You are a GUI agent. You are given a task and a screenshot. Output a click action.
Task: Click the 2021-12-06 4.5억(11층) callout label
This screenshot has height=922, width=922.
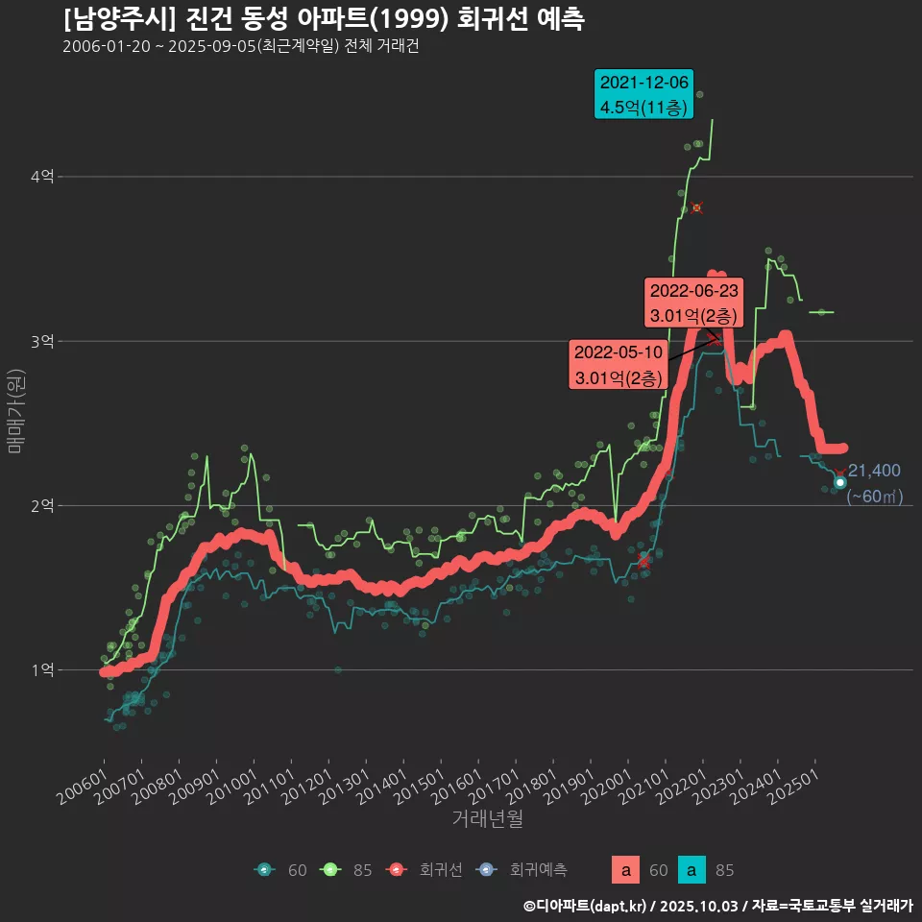point(643,94)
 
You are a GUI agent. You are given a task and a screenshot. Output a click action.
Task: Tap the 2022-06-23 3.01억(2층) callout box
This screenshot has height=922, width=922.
point(693,302)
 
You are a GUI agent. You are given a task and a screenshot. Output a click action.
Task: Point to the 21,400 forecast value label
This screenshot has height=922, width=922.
point(874,471)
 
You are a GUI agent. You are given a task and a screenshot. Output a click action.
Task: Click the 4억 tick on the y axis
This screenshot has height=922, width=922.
point(42,177)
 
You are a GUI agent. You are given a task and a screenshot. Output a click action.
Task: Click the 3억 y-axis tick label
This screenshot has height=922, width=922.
point(42,341)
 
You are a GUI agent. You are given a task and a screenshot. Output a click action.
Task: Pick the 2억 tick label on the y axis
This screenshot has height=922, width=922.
point(42,506)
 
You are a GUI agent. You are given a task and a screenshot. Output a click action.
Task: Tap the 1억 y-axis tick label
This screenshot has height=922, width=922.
point(42,670)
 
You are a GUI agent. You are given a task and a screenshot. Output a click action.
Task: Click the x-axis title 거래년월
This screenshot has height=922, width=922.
point(487,819)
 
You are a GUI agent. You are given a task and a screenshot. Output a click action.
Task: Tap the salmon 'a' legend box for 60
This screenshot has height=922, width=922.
point(625,870)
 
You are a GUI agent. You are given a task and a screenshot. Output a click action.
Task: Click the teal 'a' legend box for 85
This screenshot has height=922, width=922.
point(691,870)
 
